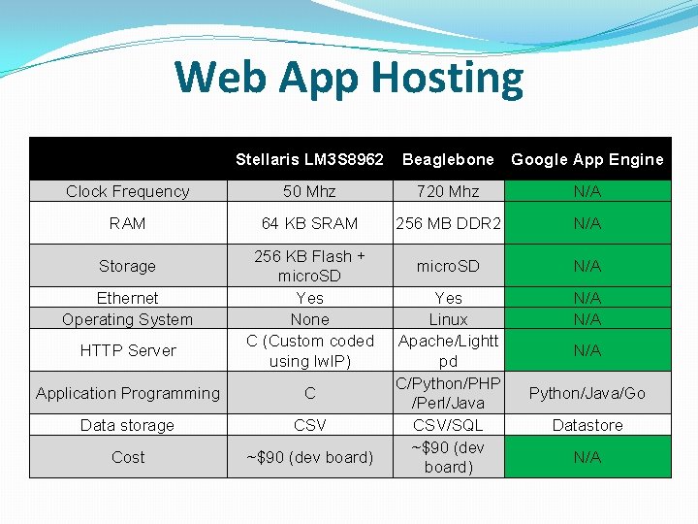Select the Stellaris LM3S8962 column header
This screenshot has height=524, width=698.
coord(309,159)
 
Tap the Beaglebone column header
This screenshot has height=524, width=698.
coord(448,159)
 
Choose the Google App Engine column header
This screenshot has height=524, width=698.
coord(587,159)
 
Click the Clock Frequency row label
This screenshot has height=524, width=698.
coord(127,191)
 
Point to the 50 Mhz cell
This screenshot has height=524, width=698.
coord(309,191)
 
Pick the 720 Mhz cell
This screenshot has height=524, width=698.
coord(448,191)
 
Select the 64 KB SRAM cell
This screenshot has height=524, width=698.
coord(309,223)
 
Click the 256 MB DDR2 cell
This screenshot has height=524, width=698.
coord(448,223)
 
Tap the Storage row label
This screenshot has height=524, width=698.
coord(127,266)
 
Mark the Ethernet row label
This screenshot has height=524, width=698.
coord(127,298)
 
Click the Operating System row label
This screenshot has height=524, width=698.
coord(127,319)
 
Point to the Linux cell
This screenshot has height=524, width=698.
coord(448,319)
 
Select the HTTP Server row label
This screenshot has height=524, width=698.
coord(127,350)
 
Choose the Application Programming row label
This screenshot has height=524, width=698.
coord(127,393)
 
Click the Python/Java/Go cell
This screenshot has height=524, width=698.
coord(587,393)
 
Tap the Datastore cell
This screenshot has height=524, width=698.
coord(587,425)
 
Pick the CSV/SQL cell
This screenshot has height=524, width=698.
coord(448,425)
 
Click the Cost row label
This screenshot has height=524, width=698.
coord(127,457)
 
